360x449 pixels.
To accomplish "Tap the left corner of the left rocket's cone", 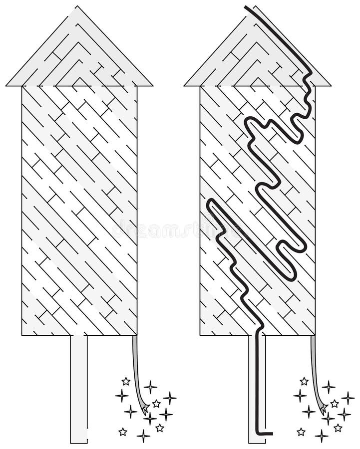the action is pos(7,85).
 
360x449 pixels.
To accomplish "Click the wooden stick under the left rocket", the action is pos(79,389).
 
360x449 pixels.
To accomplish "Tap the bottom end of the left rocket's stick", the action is pos(79,442).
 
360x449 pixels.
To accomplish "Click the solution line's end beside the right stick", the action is pos(271,433).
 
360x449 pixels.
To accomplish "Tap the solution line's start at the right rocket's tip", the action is pos(247,6).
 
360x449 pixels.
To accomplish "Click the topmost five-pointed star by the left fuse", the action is pos(126,381).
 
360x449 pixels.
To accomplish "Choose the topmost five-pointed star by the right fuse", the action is pos(304,381).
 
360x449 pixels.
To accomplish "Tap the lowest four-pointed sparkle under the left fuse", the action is pos(143,436).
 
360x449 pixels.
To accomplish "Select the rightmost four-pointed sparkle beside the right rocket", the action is pos(348,398).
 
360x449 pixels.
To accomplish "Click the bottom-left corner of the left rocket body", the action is pos(22,335).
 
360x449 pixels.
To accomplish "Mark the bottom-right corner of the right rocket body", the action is pos(315,335).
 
